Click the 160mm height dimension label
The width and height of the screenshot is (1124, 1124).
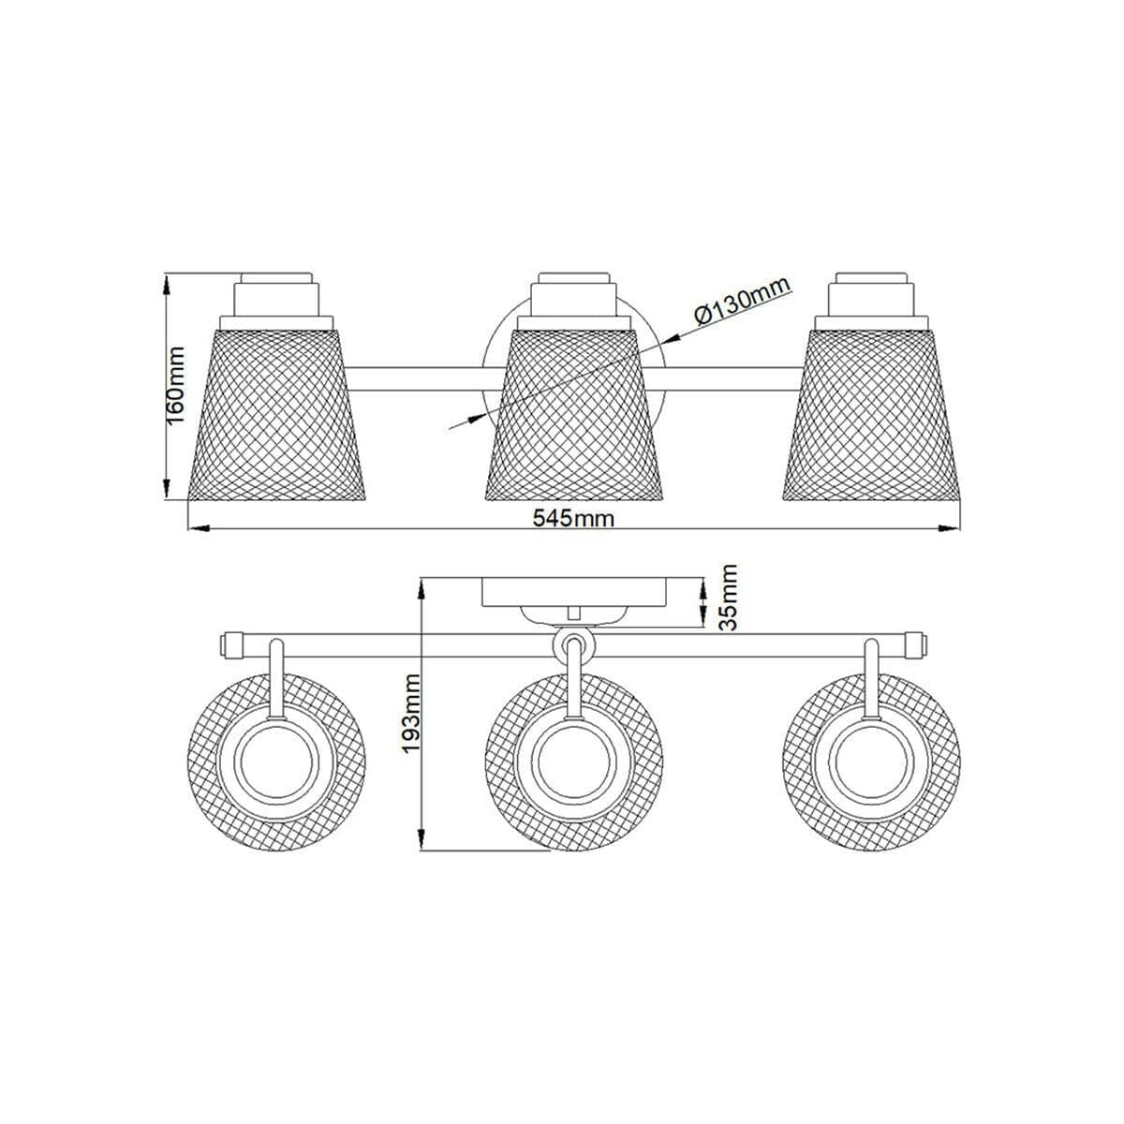click(175, 386)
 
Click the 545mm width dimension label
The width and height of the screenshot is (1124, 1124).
click(573, 518)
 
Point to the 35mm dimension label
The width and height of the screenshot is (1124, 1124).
click(728, 597)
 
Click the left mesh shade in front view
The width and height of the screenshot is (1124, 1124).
click(276, 415)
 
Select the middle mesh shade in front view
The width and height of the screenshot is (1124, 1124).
click(574, 415)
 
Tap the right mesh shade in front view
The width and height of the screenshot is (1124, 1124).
click(871, 415)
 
